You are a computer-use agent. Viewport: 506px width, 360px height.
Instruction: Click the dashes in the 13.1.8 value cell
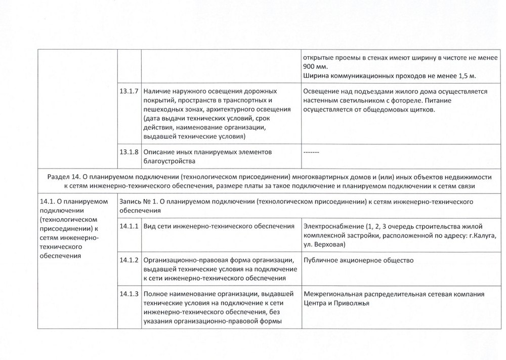pyautogui.click(x=311, y=152)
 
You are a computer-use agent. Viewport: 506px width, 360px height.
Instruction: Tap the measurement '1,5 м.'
pyautogui.click(x=466, y=76)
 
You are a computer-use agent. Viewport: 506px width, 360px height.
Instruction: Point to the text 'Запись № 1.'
pyautogui.click(x=138, y=201)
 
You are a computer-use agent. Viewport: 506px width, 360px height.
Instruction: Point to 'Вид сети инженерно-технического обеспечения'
pyautogui.click(x=219, y=226)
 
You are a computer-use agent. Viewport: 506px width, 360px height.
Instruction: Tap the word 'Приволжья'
pyautogui.click(x=353, y=303)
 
